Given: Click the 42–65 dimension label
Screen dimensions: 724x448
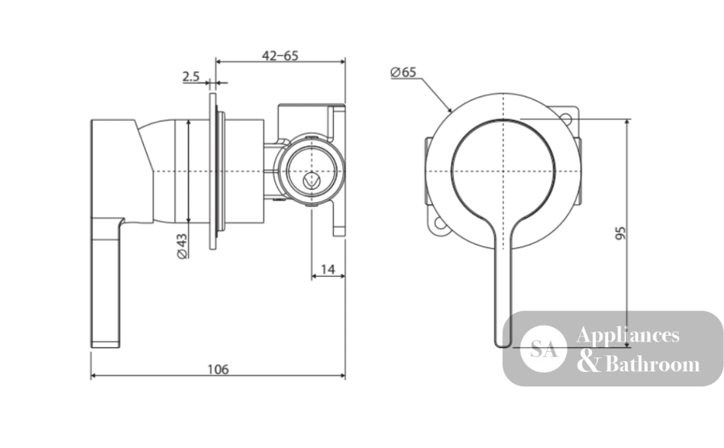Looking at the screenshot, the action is pos(280,56).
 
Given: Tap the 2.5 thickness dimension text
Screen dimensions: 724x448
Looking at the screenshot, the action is pos(190,76).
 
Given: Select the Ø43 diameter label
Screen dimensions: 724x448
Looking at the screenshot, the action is pos(182,246).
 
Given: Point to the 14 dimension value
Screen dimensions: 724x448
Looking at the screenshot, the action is pos(327,269).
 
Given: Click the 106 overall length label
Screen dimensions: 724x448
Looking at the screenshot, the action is pos(217,370).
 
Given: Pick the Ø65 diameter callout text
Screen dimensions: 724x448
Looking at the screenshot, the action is pos(403,72).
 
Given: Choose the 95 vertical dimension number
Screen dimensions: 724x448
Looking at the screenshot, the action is pos(621,232).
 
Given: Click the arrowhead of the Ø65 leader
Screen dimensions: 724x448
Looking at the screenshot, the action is pos(449,109).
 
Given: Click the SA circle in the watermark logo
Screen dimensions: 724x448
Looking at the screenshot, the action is pos(543,349).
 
